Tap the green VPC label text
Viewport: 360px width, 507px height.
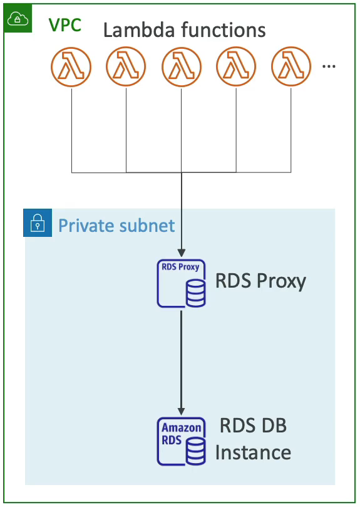[65, 24]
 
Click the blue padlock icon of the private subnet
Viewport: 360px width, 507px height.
[38, 223]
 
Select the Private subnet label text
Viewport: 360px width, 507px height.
[116, 225]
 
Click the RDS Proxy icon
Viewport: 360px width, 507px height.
[181, 284]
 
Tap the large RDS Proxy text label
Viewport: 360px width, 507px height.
[260, 281]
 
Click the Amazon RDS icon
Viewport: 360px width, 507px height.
[181, 441]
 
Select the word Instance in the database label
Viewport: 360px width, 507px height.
[253, 452]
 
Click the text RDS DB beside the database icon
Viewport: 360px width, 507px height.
[253, 426]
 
